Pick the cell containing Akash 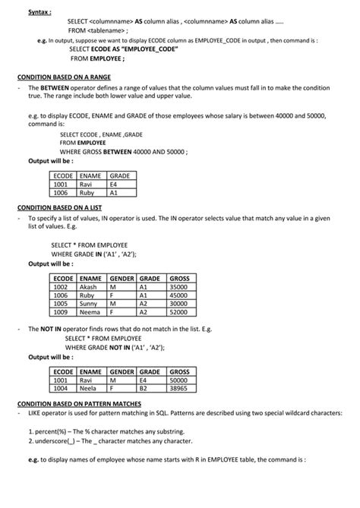click(x=89, y=287)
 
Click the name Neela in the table click(x=88, y=387)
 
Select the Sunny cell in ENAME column click(x=89, y=303)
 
